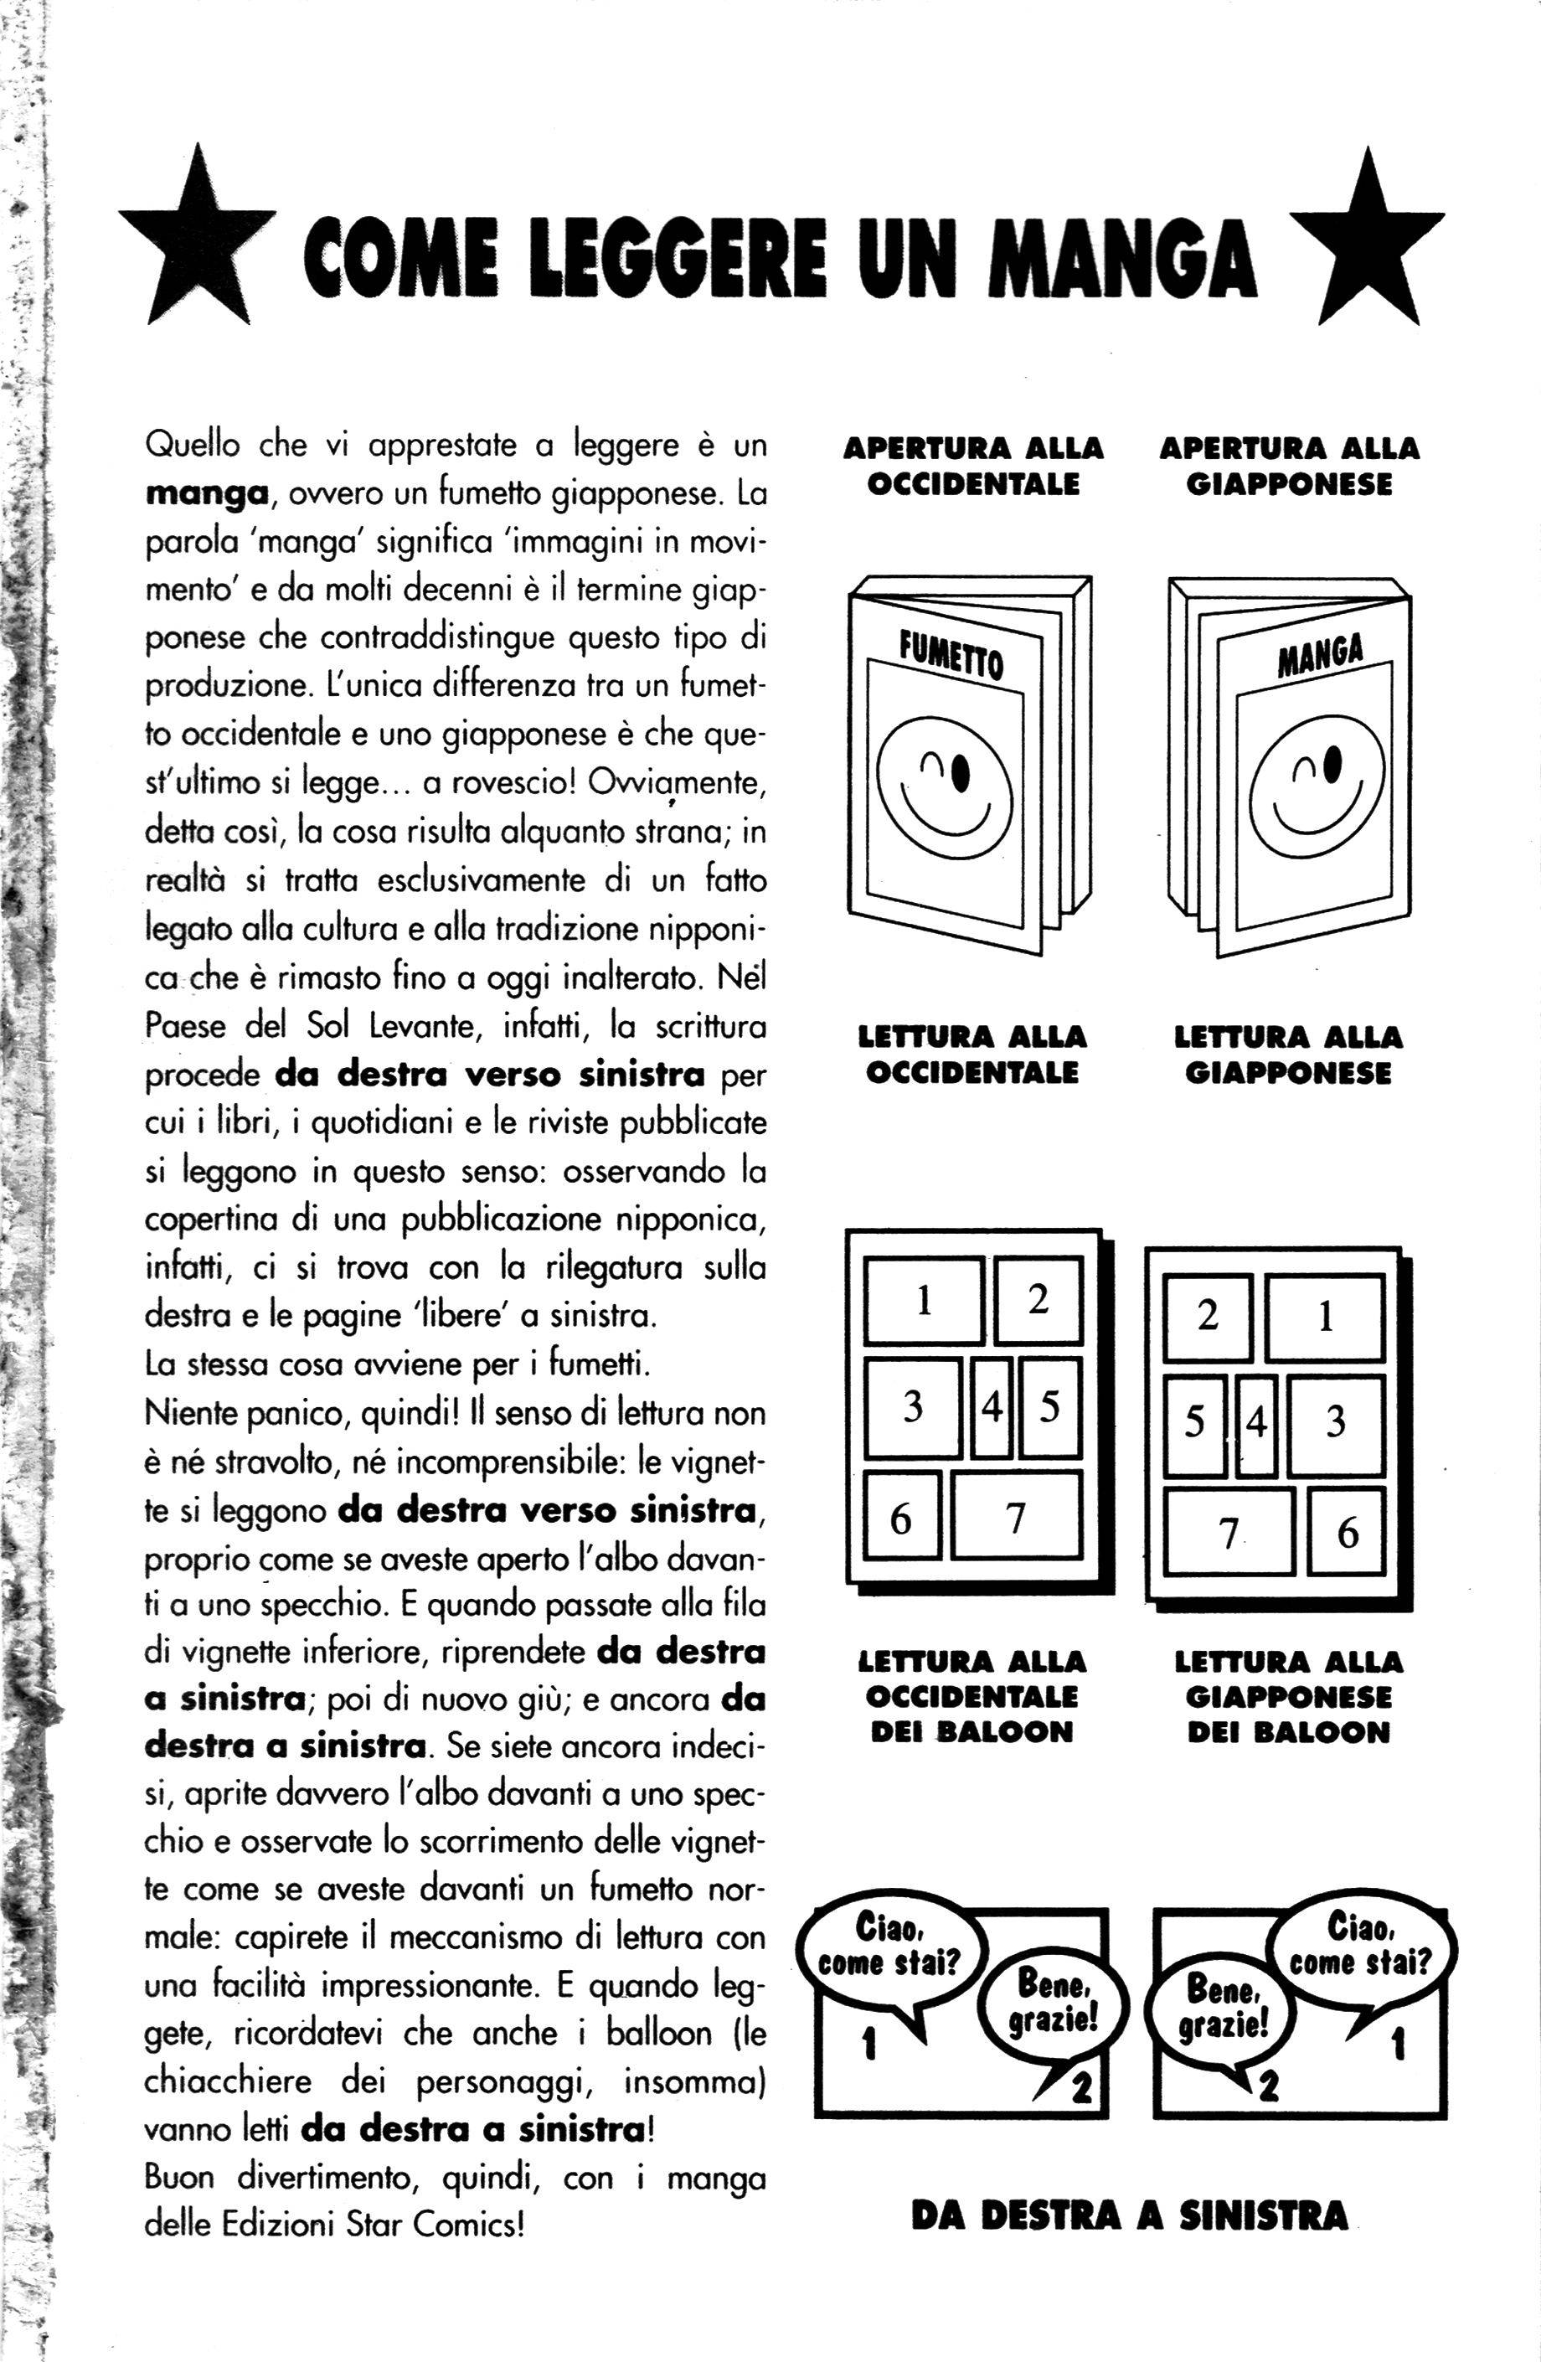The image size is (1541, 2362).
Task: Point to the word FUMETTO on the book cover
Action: click(x=951, y=654)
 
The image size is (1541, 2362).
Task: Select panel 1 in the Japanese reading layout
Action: click(x=1325, y=1317)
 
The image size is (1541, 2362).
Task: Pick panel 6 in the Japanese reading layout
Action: click(x=1347, y=1531)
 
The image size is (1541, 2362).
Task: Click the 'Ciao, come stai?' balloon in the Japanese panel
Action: click(x=1360, y=1944)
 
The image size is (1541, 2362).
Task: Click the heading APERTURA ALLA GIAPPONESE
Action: click(x=1288, y=467)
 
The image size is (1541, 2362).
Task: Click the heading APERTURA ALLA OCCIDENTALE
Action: click(x=972, y=467)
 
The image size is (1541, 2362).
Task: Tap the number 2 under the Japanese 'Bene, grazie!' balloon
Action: click(x=1267, y=2087)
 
